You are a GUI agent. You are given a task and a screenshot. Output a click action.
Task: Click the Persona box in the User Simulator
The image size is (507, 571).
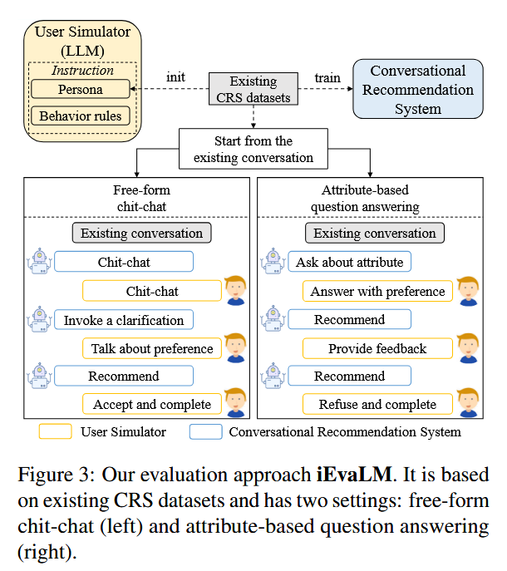click(80, 88)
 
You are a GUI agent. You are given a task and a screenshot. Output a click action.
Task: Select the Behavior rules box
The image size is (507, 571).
click(80, 116)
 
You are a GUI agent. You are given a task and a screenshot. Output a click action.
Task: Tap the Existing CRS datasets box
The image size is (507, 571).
click(253, 90)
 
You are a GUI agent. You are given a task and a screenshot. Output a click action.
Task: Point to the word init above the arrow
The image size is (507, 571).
click(175, 78)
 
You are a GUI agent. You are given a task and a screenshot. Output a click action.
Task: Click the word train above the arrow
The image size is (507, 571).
click(327, 78)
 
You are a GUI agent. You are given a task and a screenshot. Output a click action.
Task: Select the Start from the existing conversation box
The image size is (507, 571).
click(253, 149)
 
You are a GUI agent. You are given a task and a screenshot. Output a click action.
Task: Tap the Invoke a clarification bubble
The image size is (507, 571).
click(124, 319)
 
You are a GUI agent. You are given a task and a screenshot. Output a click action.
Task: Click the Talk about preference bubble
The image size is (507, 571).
click(152, 348)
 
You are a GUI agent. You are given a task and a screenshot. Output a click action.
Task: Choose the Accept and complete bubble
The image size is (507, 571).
click(152, 405)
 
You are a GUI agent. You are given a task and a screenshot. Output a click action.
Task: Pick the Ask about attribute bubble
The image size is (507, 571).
click(349, 262)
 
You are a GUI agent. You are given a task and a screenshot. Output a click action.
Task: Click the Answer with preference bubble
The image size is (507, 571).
click(378, 291)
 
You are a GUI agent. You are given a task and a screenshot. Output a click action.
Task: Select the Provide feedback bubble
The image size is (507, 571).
click(378, 348)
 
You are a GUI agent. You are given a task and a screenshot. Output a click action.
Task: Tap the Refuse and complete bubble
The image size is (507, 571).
click(378, 405)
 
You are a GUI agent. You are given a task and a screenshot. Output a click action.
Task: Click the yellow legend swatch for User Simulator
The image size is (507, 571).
click(55, 431)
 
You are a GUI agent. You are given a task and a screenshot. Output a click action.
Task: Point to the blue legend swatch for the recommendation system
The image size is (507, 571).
click(205, 431)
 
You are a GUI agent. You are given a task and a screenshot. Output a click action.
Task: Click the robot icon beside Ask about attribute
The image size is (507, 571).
click(271, 261)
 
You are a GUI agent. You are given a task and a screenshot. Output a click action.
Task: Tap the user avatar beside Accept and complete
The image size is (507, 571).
click(236, 402)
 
